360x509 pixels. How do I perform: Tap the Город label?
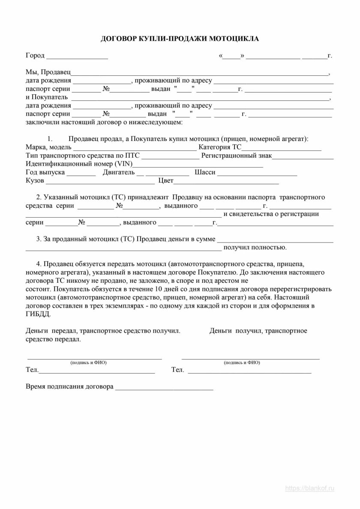[x=35, y=56]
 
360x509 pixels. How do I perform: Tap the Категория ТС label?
[x=221, y=147]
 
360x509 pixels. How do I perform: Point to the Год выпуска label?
[x=45, y=172]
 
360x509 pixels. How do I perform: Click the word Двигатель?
[x=118, y=172]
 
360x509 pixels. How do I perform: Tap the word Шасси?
[x=204, y=172]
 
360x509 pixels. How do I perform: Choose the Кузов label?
[x=35, y=181]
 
